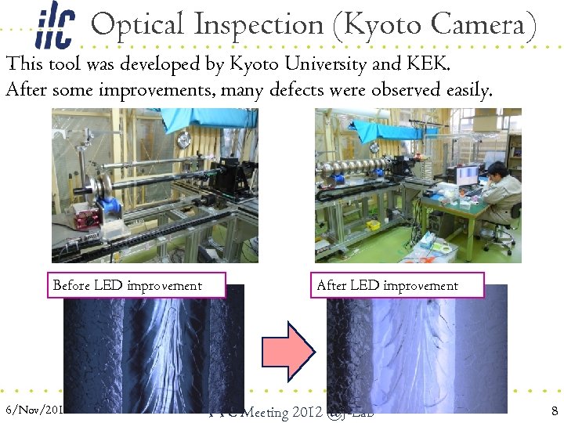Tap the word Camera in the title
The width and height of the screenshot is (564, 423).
(x=482, y=26)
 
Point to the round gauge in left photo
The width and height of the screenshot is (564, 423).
(x=184, y=139)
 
